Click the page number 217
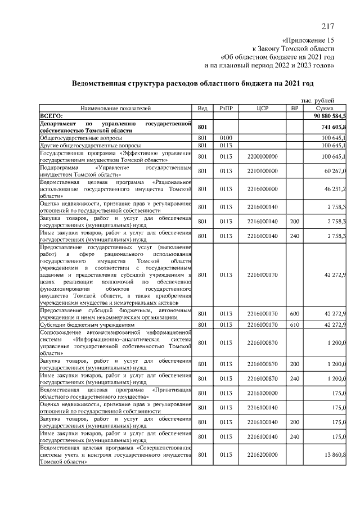click(x=328, y=27)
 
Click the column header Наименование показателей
click(x=115, y=107)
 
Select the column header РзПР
click(x=227, y=107)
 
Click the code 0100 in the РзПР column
click(x=226, y=137)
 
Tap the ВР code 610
click(x=294, y=325)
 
